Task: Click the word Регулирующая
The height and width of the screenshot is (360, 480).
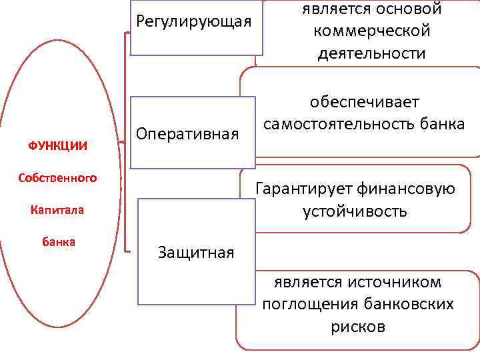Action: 194,21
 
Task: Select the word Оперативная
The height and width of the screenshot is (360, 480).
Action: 188,135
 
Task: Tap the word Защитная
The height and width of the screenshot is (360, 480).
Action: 196,253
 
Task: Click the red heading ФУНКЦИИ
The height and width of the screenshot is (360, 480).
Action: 57,145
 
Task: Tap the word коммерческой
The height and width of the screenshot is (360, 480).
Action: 371,31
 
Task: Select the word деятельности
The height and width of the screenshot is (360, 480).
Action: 371,53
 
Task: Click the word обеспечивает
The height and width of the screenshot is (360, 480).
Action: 365,102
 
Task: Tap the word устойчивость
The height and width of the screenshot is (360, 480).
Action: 355,212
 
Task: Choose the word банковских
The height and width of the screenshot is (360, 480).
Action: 410,305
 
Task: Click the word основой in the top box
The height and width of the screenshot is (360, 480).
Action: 409,9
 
